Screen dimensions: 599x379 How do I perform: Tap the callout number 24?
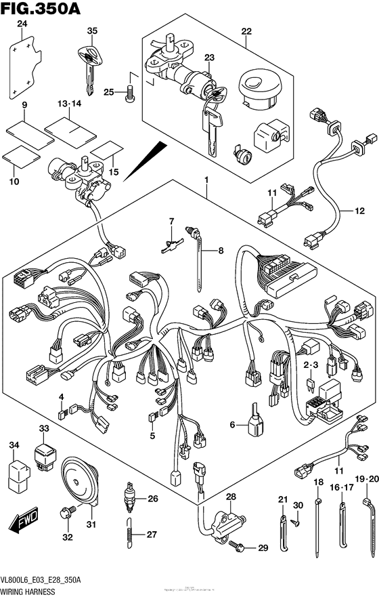tap(22, 24)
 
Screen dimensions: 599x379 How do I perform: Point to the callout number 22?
tap(246, 30)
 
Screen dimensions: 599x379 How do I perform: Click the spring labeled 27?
tap(129, 534)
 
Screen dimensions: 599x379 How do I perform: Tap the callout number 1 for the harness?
tap(208, 180)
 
